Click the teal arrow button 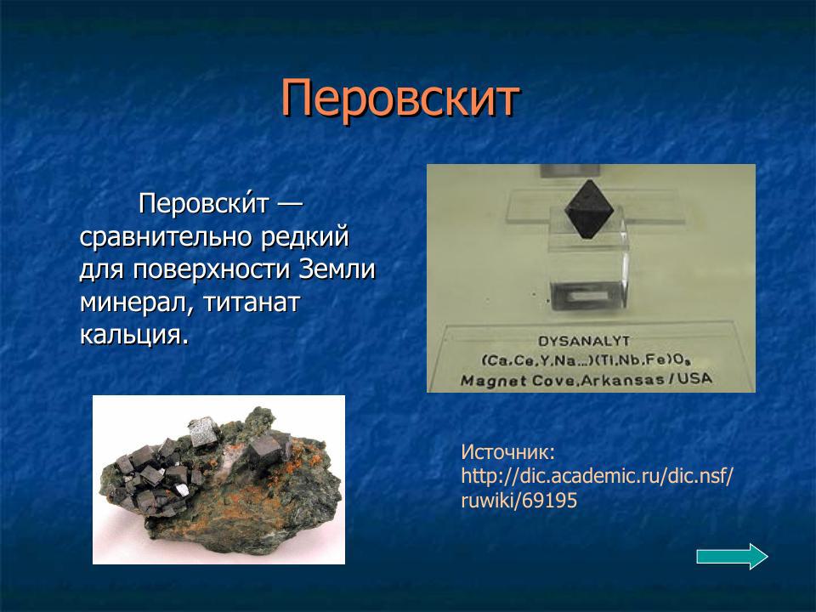tap(732, 557)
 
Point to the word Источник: tap(507, 450)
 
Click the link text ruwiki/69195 tap(518, 501)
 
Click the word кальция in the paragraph tap(132, 333)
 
